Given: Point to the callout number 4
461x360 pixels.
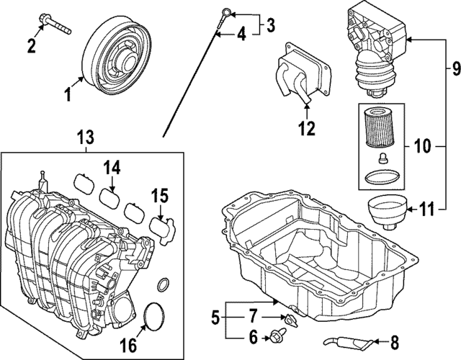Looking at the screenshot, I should click(x=241, y=33).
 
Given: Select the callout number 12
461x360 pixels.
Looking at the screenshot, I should click(x=308, y=129).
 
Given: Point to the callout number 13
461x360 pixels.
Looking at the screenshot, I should click(x=86, y=136).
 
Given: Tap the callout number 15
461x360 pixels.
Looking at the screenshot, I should click(x=159, y=196).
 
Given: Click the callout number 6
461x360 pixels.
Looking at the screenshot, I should click(x=253, y=336).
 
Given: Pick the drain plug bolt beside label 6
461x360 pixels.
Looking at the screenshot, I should click(x=277, y=336).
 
